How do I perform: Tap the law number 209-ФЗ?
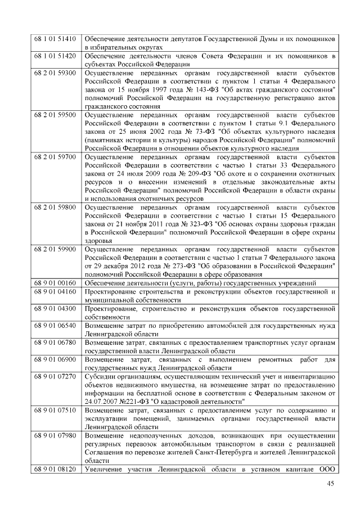tap(188, 173)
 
